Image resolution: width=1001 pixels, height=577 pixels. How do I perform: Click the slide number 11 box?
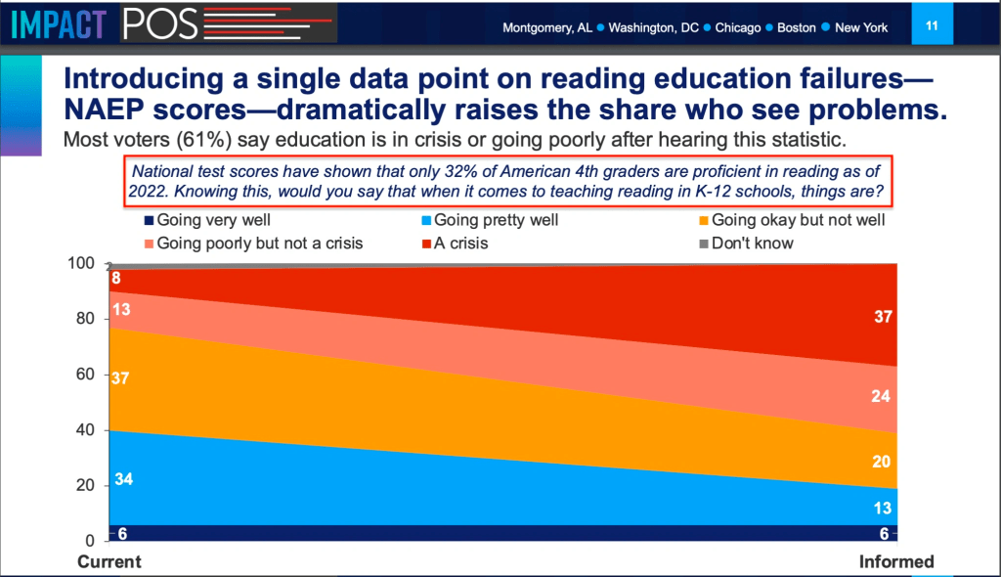tap(932, 23)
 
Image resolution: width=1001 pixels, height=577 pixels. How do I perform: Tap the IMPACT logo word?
tap(59, 24)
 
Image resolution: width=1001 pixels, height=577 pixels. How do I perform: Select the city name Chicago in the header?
tap(737, 27)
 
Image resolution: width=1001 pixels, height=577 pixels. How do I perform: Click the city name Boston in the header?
tap(796, 27)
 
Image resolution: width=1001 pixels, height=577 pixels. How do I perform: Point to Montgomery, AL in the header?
tap(547, 27)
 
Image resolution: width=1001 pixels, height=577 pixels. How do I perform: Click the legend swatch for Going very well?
tap(149, 220)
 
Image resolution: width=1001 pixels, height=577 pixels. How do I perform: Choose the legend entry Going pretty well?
tap(490, 220)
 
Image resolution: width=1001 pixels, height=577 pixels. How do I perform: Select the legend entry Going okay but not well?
tap(792, 220)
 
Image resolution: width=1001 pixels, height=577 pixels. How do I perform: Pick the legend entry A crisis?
tap(455, 244)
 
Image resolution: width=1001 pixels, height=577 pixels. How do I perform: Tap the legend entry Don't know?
tap(746, 244)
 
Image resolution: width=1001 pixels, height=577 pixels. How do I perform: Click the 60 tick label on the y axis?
tap(85, 374)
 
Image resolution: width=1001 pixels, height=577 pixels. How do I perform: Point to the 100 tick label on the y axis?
tap(81, 263)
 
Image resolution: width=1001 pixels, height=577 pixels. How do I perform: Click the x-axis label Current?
tap(109, 561)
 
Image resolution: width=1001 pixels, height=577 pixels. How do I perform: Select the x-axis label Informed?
tap(896, 561)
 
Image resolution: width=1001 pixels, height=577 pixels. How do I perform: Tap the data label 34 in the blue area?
tap(124, 479)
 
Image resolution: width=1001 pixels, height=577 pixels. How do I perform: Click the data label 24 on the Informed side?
tap(881, 396)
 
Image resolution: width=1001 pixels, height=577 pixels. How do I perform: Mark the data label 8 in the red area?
tap(115, 278)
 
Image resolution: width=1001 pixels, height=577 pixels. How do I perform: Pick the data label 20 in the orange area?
tap(881, 462)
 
